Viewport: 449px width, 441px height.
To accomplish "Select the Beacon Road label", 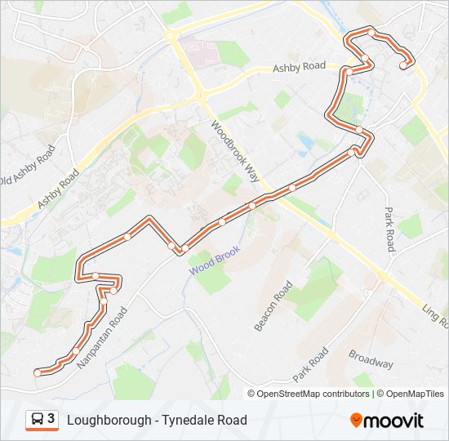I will (x=273, y=306).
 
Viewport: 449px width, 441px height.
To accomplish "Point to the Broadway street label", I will (x=371, y=359).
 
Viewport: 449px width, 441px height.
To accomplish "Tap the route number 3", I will (x=51, y=419).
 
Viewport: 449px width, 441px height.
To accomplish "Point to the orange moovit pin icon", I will (x=356, y=421).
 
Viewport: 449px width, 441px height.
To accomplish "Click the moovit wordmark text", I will (x=394, y=421).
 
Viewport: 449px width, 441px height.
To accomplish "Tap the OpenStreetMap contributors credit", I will (x=313, y=394).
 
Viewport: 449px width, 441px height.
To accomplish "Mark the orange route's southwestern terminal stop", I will (x=38, y=372).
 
